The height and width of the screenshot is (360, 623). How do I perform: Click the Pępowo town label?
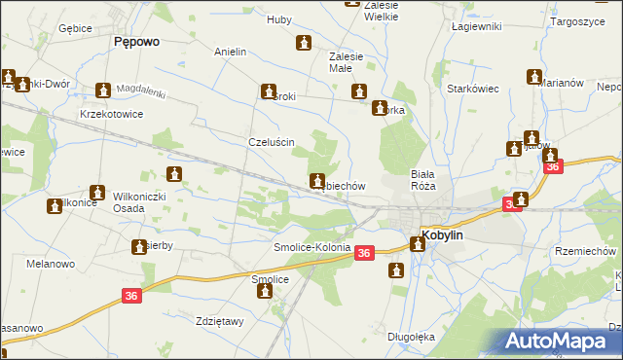(x=136, y=42)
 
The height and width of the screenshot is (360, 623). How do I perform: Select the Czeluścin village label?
(x=272, y=141)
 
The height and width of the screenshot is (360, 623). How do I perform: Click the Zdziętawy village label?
(x=218, y=322)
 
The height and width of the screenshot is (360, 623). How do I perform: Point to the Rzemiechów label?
(x=586, y=250)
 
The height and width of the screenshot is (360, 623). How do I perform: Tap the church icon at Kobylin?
(x=418, y=244)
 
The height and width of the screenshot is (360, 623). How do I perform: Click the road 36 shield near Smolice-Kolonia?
(x=363, y=253)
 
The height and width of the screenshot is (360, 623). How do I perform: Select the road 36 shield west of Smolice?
(x=133, y=296)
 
